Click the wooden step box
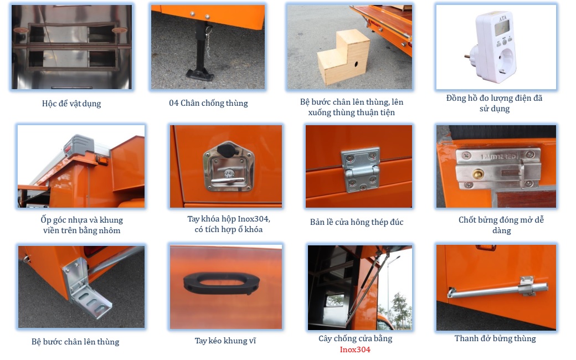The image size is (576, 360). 343,57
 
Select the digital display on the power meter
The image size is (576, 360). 502,28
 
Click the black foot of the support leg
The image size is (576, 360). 199,75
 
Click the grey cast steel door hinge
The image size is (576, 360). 361,169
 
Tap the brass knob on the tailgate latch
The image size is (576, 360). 478,174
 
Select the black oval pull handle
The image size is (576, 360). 222,283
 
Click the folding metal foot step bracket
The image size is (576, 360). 87,289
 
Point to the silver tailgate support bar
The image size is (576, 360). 498,289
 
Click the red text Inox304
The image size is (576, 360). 355,349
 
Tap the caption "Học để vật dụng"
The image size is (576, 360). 71,104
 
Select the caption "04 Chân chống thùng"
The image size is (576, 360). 208,103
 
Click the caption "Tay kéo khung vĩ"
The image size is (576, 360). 225,341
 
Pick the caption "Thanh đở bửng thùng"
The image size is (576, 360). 495,338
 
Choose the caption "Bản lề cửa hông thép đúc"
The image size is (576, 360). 357,222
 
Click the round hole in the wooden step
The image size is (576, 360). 356,64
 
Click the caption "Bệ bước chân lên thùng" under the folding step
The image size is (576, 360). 75,342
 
